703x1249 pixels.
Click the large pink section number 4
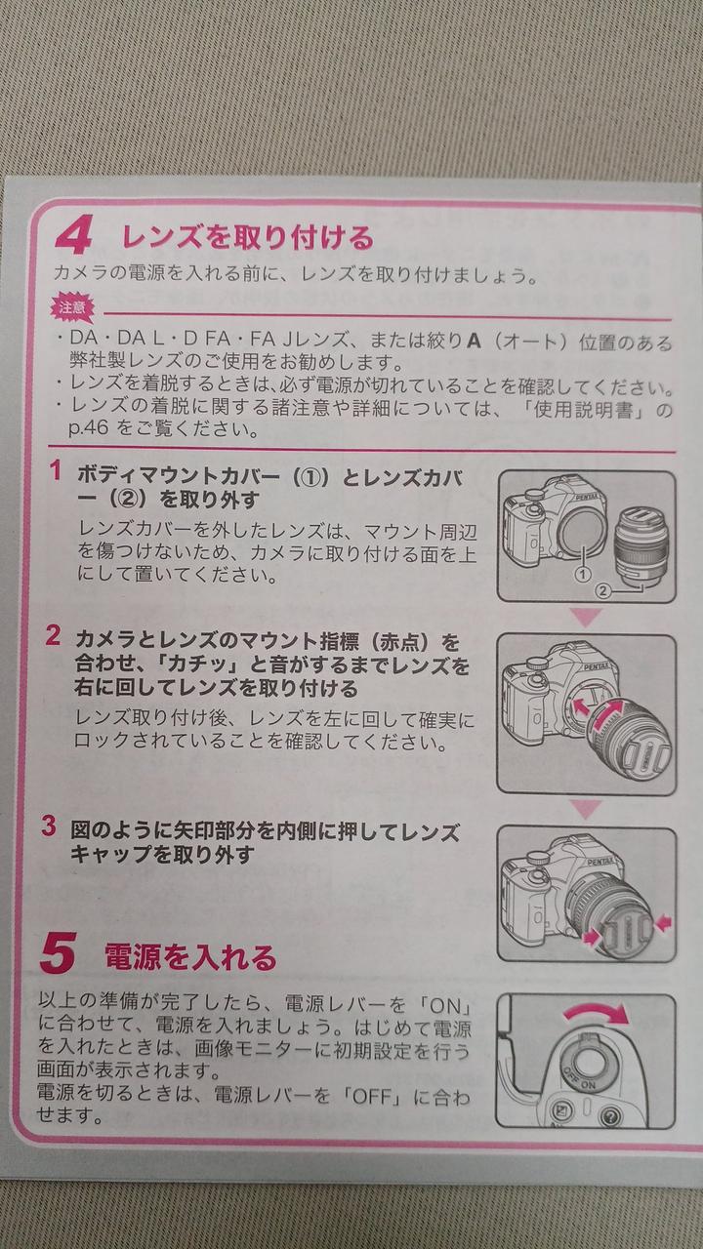(x=73, y=237)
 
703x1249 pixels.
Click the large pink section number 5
(x=58, y=954)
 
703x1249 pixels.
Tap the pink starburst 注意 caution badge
(x=72, y=307)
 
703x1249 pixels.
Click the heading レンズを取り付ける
(x=248, y=237)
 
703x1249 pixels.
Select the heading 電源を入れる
(x=190, y=957)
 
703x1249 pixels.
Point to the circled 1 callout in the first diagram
(x=583, y=574)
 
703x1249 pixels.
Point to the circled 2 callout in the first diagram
(x=602, y=590)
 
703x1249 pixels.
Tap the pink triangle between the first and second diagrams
(x=587, y=617)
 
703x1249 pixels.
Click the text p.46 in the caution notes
(x=92, y=429)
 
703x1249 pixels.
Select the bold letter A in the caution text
(x=474, y=341)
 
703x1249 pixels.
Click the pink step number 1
(x=56, y=471)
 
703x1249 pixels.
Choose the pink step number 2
(x=53, y=636)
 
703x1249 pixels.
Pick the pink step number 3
(x=49, y=826)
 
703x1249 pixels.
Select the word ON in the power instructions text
(x=446, y=1006)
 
